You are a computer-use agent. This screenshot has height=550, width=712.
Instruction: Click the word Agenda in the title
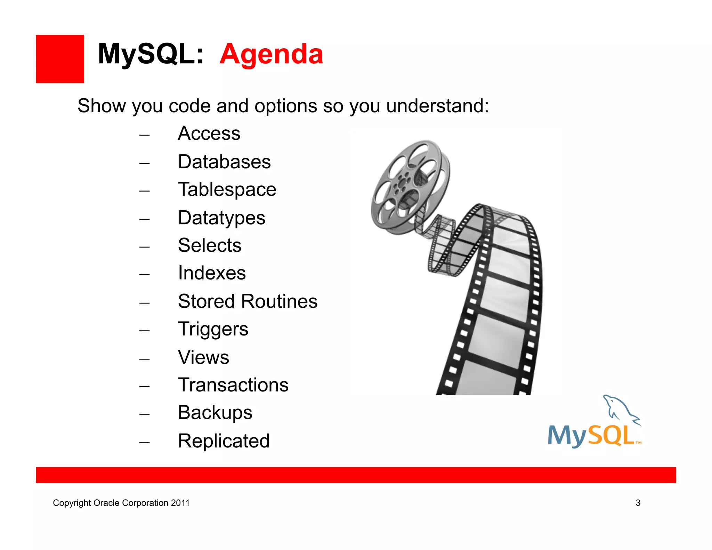271,54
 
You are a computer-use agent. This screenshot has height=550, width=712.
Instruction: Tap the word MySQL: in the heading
151,54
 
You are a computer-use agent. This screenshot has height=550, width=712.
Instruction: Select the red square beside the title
60,59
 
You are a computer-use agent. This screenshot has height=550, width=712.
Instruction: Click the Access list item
209,134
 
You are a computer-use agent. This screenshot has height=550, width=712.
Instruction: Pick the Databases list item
224,162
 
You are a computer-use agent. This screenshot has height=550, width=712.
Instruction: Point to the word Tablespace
227,190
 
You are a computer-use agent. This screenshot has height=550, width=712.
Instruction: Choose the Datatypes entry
221,218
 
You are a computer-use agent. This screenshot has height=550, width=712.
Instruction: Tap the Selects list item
210,245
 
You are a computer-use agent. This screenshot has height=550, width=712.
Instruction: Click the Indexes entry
212,273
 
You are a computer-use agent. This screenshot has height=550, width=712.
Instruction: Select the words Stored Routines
248,301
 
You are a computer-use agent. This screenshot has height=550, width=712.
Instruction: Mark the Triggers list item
213,329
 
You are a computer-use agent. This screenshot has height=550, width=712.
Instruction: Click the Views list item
203,357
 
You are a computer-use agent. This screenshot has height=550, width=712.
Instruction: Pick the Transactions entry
233,385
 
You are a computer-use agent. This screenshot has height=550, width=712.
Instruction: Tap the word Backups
215,413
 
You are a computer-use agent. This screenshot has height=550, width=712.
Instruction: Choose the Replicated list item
224,441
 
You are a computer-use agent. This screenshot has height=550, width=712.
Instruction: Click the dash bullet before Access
144,135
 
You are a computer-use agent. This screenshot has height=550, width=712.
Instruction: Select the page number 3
638,503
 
